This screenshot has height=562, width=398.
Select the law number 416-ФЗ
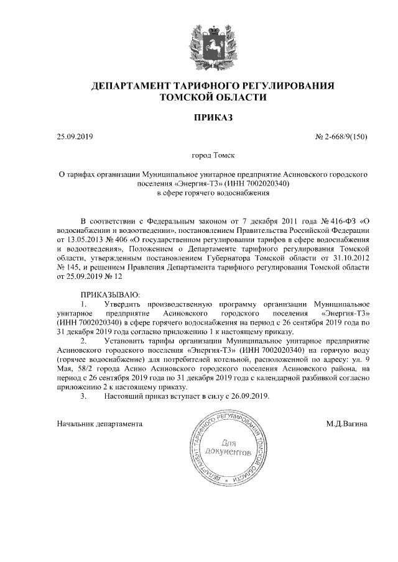click(x=337, y=220)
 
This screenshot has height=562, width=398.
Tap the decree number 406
click(x=117, y=238)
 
